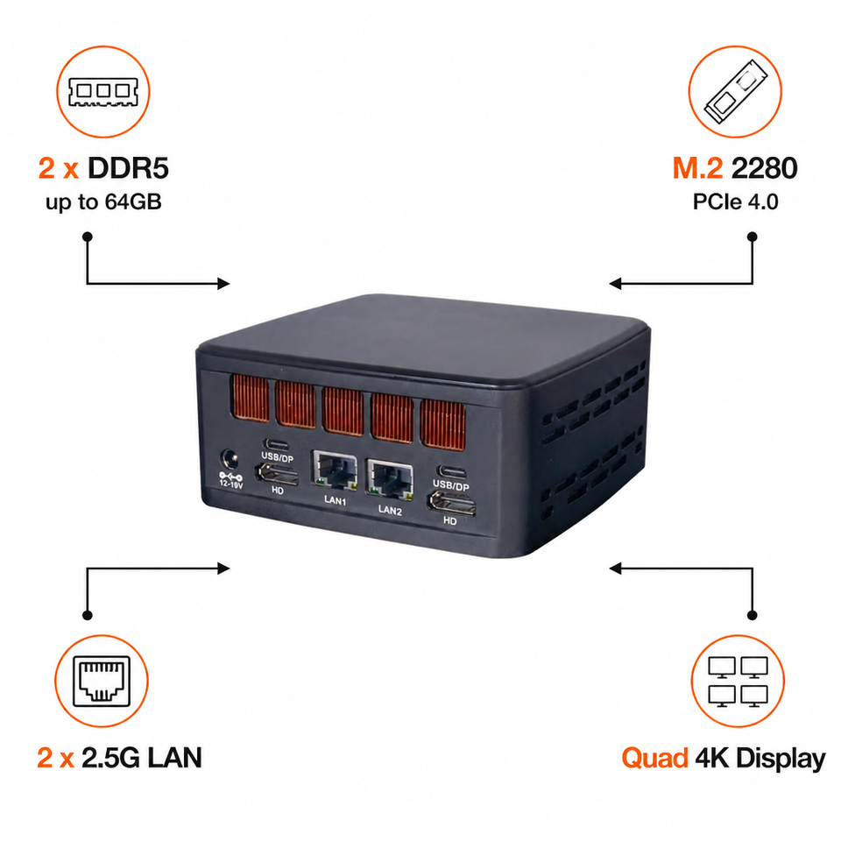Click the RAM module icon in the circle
click(103, 92)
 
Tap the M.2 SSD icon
click(735, 91)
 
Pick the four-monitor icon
click(738, 682)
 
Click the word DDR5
click(128, 168)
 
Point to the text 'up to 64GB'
click(103, 202)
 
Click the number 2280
click(764, 168)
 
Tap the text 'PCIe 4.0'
click(735, 201)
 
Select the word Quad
click(654, 759)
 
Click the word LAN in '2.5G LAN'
click(175, 758)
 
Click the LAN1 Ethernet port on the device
click(336, 470)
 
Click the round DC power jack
click(230, 460)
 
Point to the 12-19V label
click(231, 484)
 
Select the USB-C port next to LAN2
click(452, 472)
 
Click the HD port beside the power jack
click(278, 474)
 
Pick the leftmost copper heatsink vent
click(250, 398)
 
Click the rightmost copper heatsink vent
click(443, 424)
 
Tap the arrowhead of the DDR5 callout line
click(223, 283)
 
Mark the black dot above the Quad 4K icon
click(752, 615)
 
